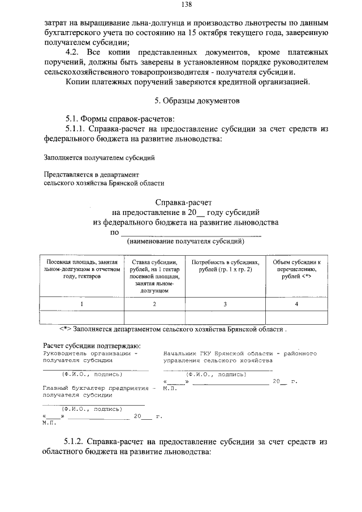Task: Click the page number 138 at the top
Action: (x=186, y=5)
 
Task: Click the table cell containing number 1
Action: (x=82, y=304)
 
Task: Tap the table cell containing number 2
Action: (x=154, y=304)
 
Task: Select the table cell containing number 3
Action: (x=225, y=304)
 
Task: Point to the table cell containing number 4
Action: (x=296, y=304)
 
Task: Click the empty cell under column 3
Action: (x=225, y=317)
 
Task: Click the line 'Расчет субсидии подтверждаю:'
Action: (x=92, y=346)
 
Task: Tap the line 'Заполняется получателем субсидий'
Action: (x=99, y=158)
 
